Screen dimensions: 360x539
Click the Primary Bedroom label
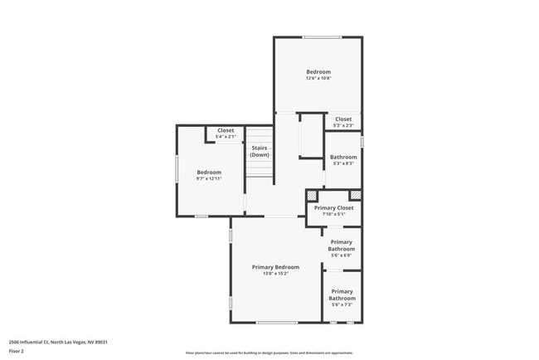pyautogui.click(x=275, y=267)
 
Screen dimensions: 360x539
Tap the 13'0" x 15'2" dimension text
pyautogui.click(x=275, y=274)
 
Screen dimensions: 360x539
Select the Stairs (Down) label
pyautogui.click(x=259, y=152)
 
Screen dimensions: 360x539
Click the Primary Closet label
pyautogui.click(x=333, y=208)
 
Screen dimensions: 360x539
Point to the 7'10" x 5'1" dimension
pyautogui.click(x=333, y=215)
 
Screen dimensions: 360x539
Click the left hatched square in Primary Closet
pyautogui.click(x=312, y=196)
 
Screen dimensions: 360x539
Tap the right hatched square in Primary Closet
pyautogui.click(x=356, y=196)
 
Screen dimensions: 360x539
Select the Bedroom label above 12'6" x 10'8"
pyautogui.click(x=318, y=72)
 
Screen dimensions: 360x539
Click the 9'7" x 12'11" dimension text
pyautogui.click(x=209, y=179)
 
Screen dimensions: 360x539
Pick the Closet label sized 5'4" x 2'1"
pyautogui.click(x=226, y=130)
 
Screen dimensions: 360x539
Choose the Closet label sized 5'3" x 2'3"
pyautogui.click(x=343, y=119)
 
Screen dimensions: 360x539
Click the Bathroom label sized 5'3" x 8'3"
pyautogui.click(x=343, y=157)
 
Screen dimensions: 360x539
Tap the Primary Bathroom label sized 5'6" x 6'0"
pyautogui.click(x=342, y=246)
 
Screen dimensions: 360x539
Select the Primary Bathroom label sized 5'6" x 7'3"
pyautogui.click(x=342, y=294)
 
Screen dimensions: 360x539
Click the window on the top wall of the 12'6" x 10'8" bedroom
pyautogui.click(x=322, y=36)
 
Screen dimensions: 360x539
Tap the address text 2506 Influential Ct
pyautogui.click(x=58, y=342)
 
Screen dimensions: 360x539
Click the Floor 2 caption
pyautogui.click(x=17, y=351)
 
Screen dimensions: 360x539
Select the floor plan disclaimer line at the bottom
pyautogui.click(x=269, y=353)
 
